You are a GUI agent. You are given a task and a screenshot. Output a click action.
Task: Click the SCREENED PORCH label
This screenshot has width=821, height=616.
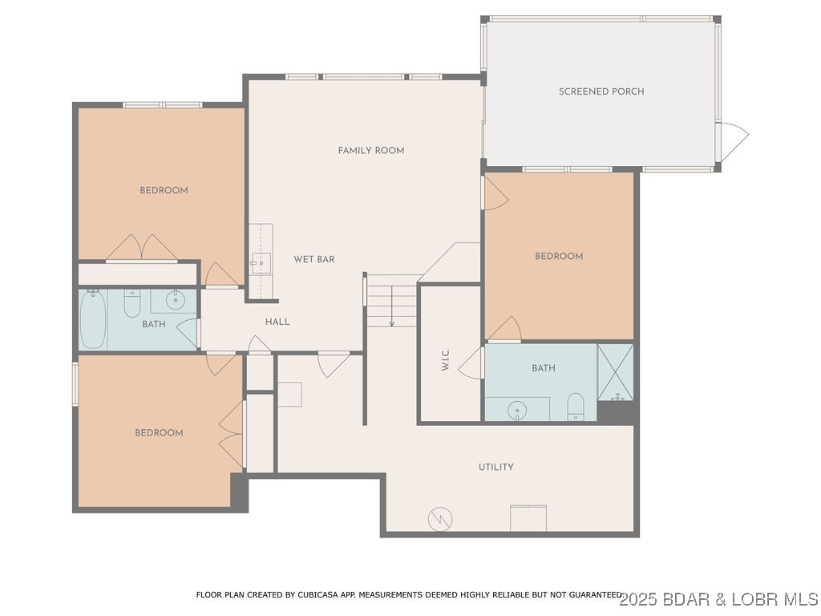[x=601, y=91]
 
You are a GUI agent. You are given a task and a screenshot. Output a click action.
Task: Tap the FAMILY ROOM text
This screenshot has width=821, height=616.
[x=370, y=151]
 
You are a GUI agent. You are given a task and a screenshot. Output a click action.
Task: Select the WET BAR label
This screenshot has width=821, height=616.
[x=313, y=259]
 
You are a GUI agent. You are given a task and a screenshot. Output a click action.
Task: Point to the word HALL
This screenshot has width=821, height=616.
[x=277, y=322]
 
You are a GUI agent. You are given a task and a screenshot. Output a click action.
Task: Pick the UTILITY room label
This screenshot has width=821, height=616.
[x=495, y=467]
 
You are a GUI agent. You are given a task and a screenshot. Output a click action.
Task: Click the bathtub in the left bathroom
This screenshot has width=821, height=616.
[x=92, y=320]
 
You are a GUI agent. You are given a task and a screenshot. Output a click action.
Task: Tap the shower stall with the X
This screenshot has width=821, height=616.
[x=616, y=371]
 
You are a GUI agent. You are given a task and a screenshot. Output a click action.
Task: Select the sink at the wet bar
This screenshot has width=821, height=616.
[x=258, y=261]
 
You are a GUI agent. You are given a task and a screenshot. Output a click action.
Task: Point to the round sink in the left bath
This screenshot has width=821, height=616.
[x=176, y=301]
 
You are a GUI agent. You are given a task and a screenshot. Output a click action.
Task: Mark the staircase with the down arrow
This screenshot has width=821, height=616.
[x=391, y=300]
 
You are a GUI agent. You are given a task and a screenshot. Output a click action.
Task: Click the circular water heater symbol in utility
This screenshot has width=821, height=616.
[x=440, y=519]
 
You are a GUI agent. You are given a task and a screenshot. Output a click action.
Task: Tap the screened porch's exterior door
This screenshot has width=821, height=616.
[x=733, y=141]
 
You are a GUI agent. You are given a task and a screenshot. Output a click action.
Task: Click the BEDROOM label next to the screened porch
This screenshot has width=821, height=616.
[x=559, y=257]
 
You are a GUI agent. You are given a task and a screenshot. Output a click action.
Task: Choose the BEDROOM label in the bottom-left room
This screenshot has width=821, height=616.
[x=159, y=433]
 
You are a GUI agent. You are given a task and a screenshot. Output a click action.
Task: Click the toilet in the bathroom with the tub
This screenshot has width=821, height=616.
[x=132, y=303]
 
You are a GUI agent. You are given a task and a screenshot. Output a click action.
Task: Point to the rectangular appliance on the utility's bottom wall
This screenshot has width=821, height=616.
[x=528, y=518]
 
